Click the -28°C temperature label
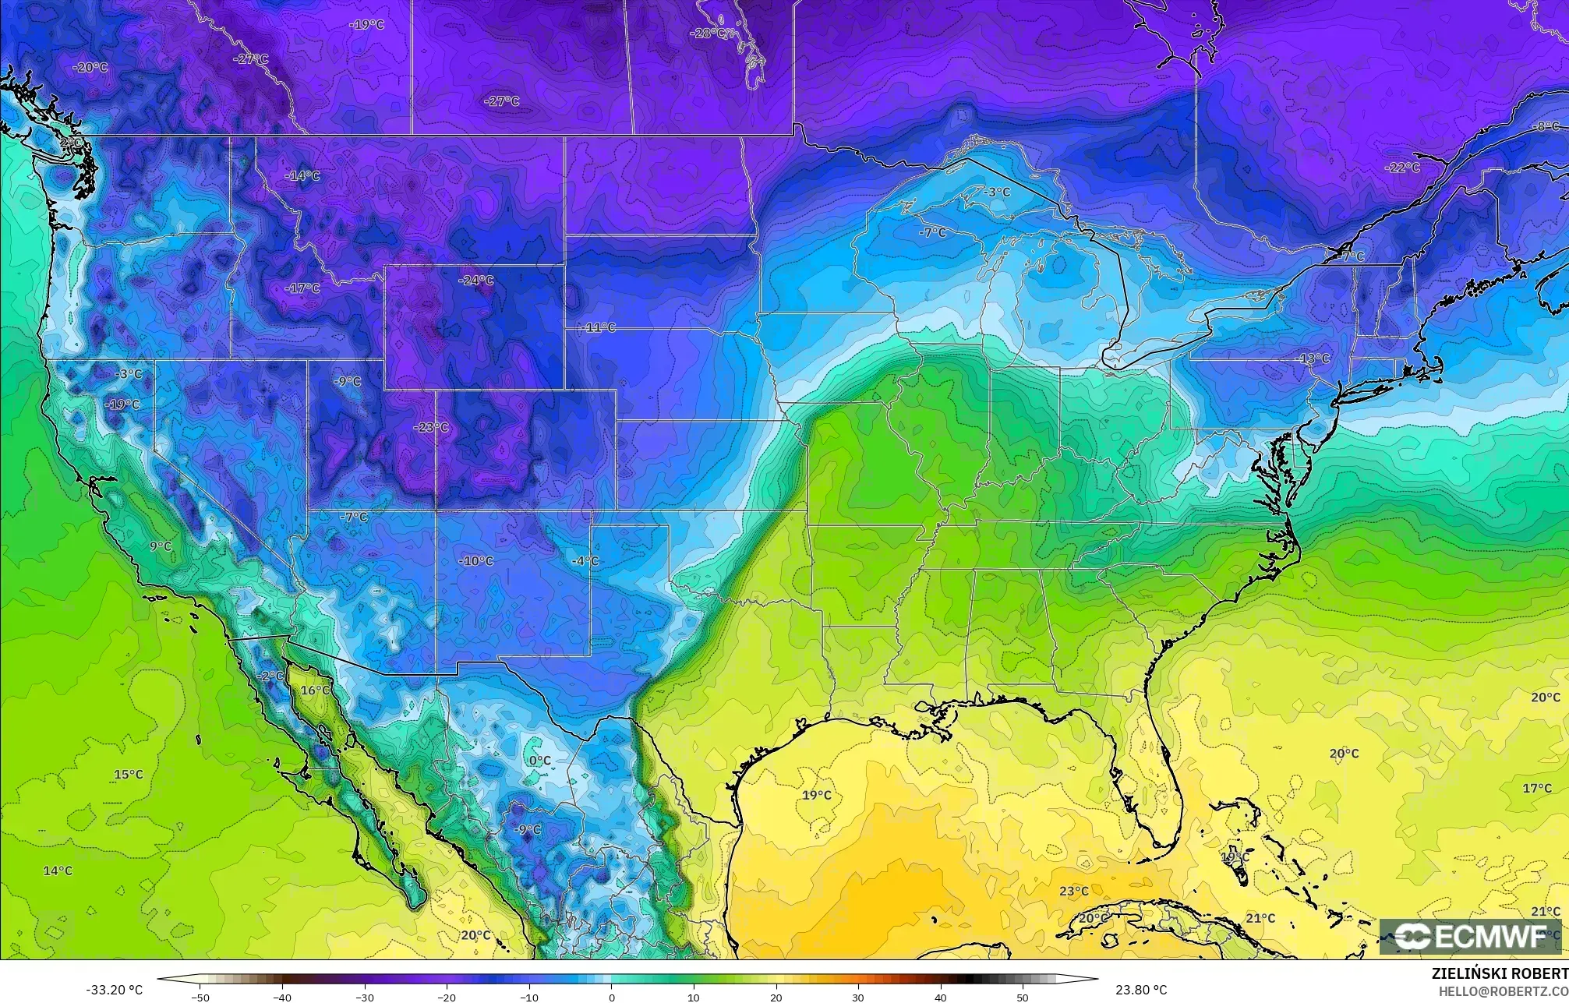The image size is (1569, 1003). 709,34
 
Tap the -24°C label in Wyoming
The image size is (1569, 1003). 475,281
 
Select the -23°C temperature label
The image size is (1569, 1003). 431,427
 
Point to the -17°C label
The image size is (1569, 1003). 302,288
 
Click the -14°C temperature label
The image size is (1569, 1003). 302,176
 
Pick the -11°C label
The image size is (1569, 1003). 598,328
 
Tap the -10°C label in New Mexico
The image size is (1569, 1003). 475,561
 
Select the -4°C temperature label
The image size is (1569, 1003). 585,561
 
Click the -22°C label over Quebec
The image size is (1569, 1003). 1401,168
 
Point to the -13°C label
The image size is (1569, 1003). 1313,358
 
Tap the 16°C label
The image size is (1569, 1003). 315,690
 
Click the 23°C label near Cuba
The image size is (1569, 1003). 1073,892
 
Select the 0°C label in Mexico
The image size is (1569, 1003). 539,761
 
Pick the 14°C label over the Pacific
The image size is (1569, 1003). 58,871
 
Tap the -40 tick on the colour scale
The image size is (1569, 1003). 282,997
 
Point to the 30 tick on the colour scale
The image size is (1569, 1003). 857,997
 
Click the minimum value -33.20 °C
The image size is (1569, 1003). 114,990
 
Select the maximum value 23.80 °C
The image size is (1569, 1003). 1140,990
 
